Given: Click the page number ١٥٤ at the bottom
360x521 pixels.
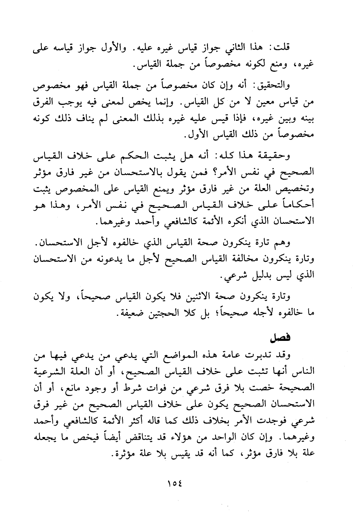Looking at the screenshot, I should [174, 484].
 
